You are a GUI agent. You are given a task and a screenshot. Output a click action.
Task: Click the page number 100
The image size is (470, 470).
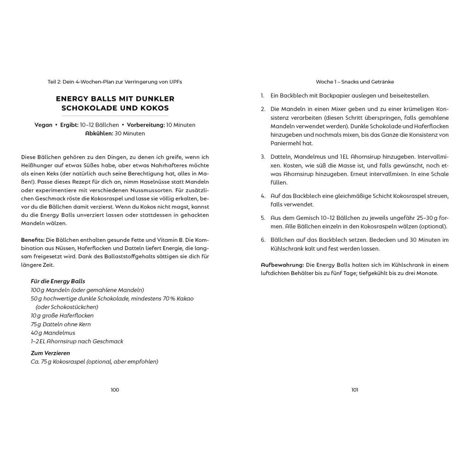(x=115, y=390)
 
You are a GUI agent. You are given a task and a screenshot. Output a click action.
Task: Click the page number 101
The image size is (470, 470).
(x=355, y=390)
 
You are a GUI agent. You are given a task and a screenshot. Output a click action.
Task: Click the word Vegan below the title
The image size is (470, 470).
(x=43, y=125)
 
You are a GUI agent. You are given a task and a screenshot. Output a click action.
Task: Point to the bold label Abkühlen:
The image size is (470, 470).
(x=99, y=134)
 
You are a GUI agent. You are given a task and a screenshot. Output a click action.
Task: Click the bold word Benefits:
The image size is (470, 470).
(x=33, y=240)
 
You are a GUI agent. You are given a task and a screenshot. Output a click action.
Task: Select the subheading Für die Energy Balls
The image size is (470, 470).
(x=58, y=281)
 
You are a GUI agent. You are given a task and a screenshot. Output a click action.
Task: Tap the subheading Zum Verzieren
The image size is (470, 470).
(x=50, y=353)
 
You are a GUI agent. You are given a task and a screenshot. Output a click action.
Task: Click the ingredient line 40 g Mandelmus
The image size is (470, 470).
(x=53, y=333)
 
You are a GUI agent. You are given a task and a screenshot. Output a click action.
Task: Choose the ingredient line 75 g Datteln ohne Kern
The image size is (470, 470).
(x=61, y=324)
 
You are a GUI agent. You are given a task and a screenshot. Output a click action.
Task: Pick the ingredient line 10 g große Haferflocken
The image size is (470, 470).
(x=62, y=316)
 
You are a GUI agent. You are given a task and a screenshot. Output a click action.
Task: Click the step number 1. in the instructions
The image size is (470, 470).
(x=263, y=96)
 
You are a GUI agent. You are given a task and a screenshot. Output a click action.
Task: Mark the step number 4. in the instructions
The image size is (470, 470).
(x=263, y=196)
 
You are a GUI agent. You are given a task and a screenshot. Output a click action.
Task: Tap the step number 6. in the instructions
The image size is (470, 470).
(x=263, y=240)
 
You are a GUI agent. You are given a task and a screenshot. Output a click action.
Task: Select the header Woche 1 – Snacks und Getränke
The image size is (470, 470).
(x=355, y=82)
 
